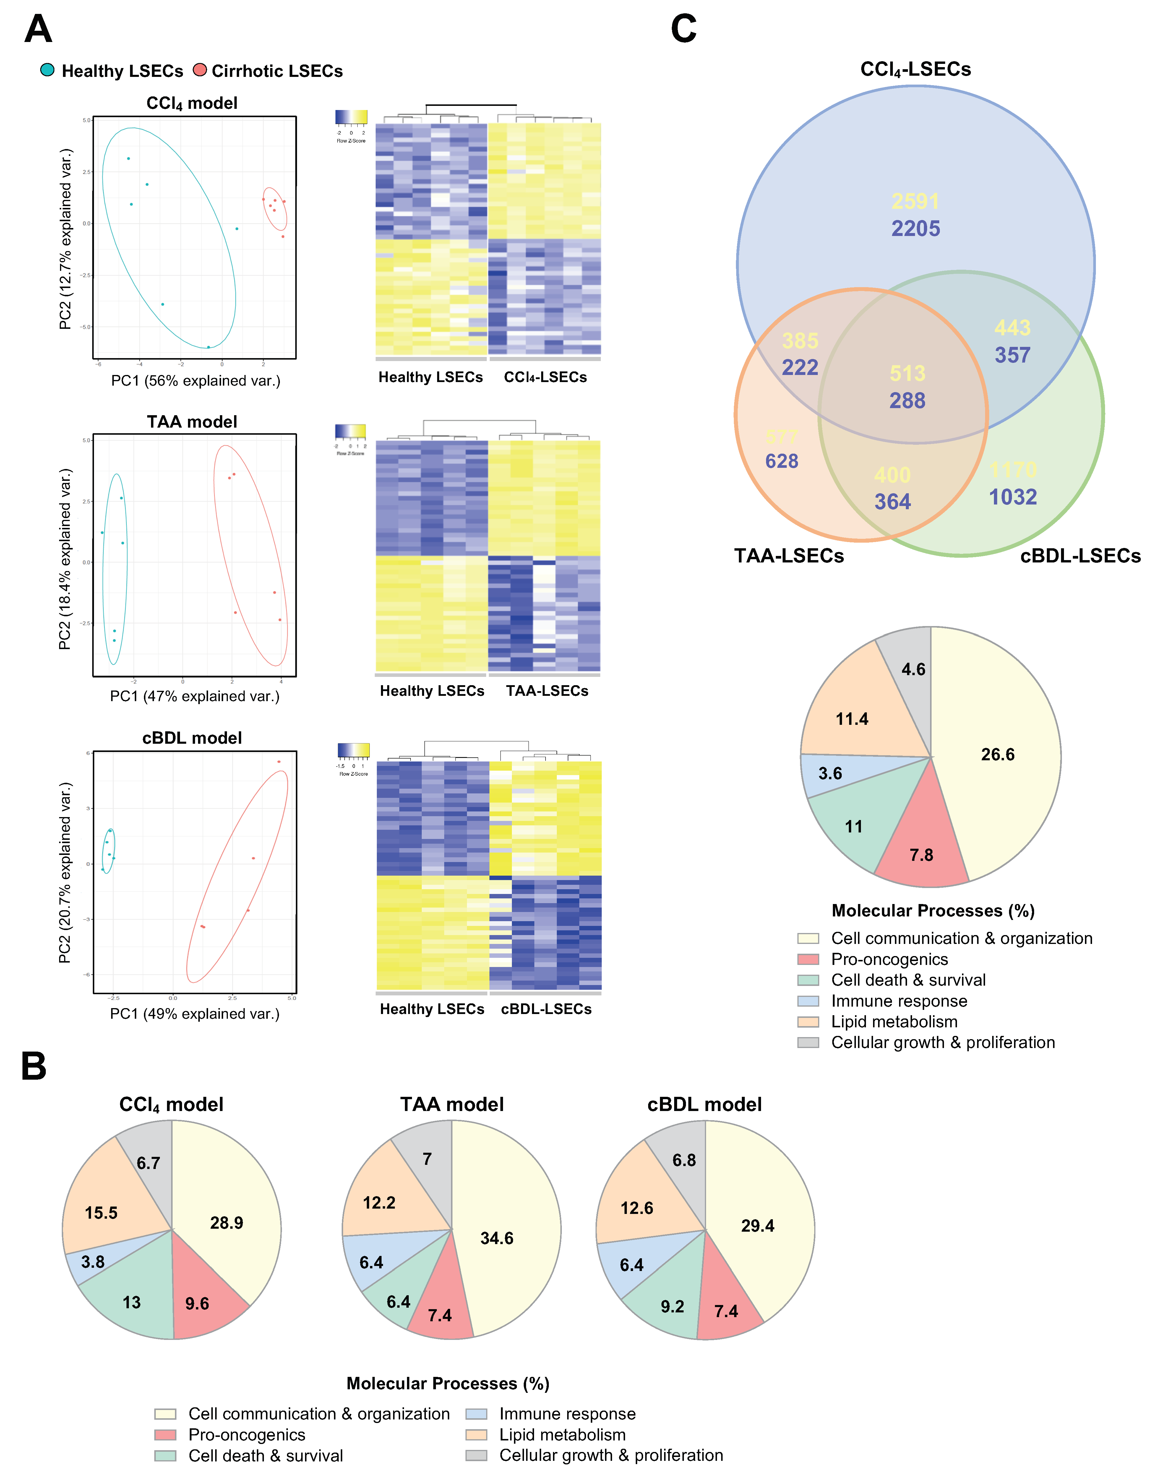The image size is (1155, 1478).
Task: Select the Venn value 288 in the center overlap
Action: pyautogui.click(x=907, y=401)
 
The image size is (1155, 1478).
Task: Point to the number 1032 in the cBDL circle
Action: pyautogui.click(x=1012, y=497)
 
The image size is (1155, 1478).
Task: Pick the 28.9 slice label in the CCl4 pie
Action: pyautogui.click(x=226, y=1223)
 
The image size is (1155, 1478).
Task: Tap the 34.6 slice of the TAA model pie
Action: pyautogui.click(x=497, y=1238)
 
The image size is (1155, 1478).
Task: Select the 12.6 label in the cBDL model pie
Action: pyautogui.click(x=637, y=1208)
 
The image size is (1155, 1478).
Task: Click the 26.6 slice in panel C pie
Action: pyautogui.click(x=997, y=755)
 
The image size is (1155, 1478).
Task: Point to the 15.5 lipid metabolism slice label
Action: pyautogui.click(x=101, y=1213)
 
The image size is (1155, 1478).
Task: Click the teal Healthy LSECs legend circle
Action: pyautogui.click(x=47, y=70)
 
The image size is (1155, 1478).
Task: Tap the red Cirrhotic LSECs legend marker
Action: pyautogui.click(x=199, y=70)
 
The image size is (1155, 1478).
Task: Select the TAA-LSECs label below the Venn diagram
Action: pyautogui.click(x=789, y=556)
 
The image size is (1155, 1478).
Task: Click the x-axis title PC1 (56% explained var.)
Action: pyautogui.click(x=195, y=381)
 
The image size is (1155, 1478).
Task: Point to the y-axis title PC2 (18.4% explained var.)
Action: pyautogui.click(x=65, y=559)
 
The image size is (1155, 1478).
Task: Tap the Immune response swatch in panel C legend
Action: pyautogui.click(x=808, y=1001)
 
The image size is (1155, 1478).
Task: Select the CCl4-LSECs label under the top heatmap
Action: pyautogui.click(x=545, y=377)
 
